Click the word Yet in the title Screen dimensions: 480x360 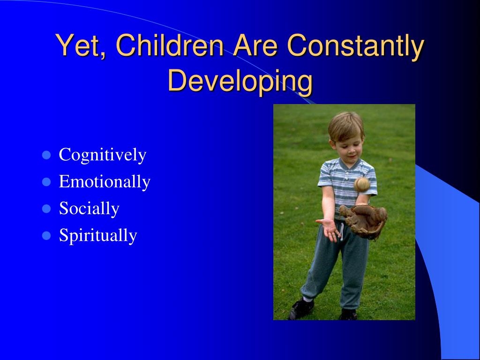point(78,45)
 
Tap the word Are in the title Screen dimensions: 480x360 point(255,45)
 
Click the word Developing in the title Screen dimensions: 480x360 point(240,82)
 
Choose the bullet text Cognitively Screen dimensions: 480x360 point(103,155)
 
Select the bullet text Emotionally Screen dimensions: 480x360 point(105,181)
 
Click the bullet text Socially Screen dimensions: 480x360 point(89,209)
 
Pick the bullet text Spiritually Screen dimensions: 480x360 point(98,236)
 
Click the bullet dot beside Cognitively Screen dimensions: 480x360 point(46,155)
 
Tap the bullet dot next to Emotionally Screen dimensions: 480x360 point(46,182)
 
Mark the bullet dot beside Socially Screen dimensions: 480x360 point(46,209)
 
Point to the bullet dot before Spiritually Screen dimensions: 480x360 point(46,236)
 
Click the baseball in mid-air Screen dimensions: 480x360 point(362,185)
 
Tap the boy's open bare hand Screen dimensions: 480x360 point(328,228)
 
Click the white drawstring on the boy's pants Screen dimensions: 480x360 point(341,232)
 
